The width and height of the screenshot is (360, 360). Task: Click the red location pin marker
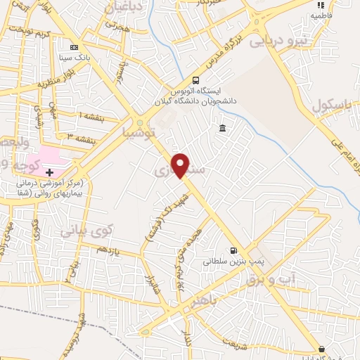[x=181, y=166]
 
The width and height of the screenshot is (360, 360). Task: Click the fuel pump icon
[x=233, y=250]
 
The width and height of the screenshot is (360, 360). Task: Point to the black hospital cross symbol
[x=49, y=172]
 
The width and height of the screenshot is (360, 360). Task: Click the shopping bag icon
[x=322, y=349]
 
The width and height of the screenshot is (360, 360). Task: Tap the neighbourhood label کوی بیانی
[x=86, y=229]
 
